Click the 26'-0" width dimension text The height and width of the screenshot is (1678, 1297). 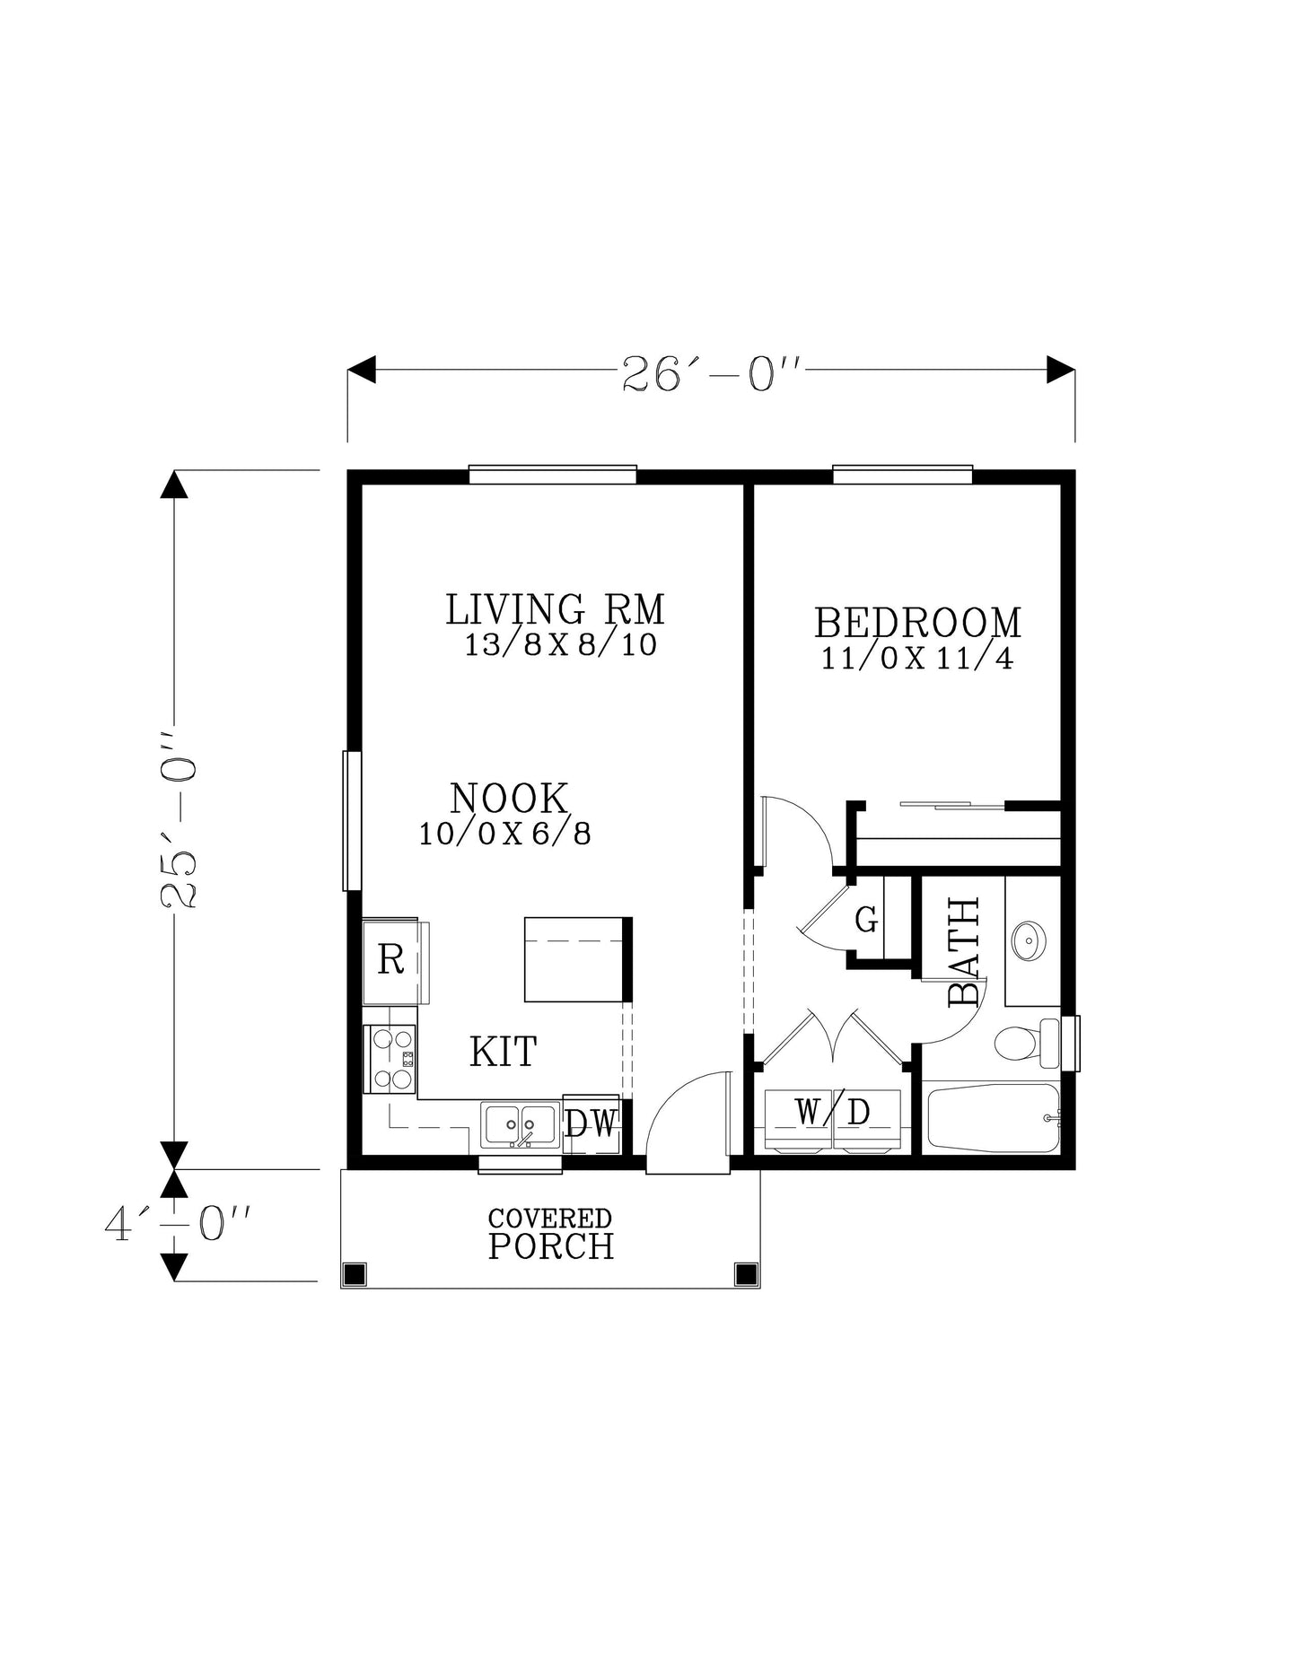pyautogui.click(x=710, y=373)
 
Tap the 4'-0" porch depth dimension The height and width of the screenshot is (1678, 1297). pyautogui.click(x=177, y=1223)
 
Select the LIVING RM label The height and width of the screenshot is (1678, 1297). pyautogui.click(x=555, y=609)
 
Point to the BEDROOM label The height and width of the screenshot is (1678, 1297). pyautogui.click(x=916, y=623)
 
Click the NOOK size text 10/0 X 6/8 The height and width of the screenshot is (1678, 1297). pyautogui.click(x=505, y=835)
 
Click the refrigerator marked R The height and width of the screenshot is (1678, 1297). pyautogui.click(x=391, y=960)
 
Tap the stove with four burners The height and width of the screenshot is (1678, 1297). pyautogui.click(x=390, y=1060)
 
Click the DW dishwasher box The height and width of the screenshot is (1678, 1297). pyautogui.click(x=592, y=1123)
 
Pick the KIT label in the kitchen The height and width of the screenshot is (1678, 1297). pyautogui.click(x=503, y=1052)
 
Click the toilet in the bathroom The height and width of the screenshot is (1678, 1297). pyautogui.click(x=1021, y=1043)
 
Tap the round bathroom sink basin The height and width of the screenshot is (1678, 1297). pyautogui.click(x=1028, y=940)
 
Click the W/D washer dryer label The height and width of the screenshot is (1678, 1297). pyautogui.click(x=832, y=1113)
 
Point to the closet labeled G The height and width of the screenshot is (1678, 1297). pyautogui.click(x=865, y=920)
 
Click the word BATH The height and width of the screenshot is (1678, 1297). pyautogui.click(x=965, y=952)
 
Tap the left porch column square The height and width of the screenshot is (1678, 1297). pyautogui.click(x=355, y=1272)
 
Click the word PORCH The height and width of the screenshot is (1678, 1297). pyautogui.click(x=551, y=1247)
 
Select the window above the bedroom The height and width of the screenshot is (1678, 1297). pyautogui.click(x=902, y=475)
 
